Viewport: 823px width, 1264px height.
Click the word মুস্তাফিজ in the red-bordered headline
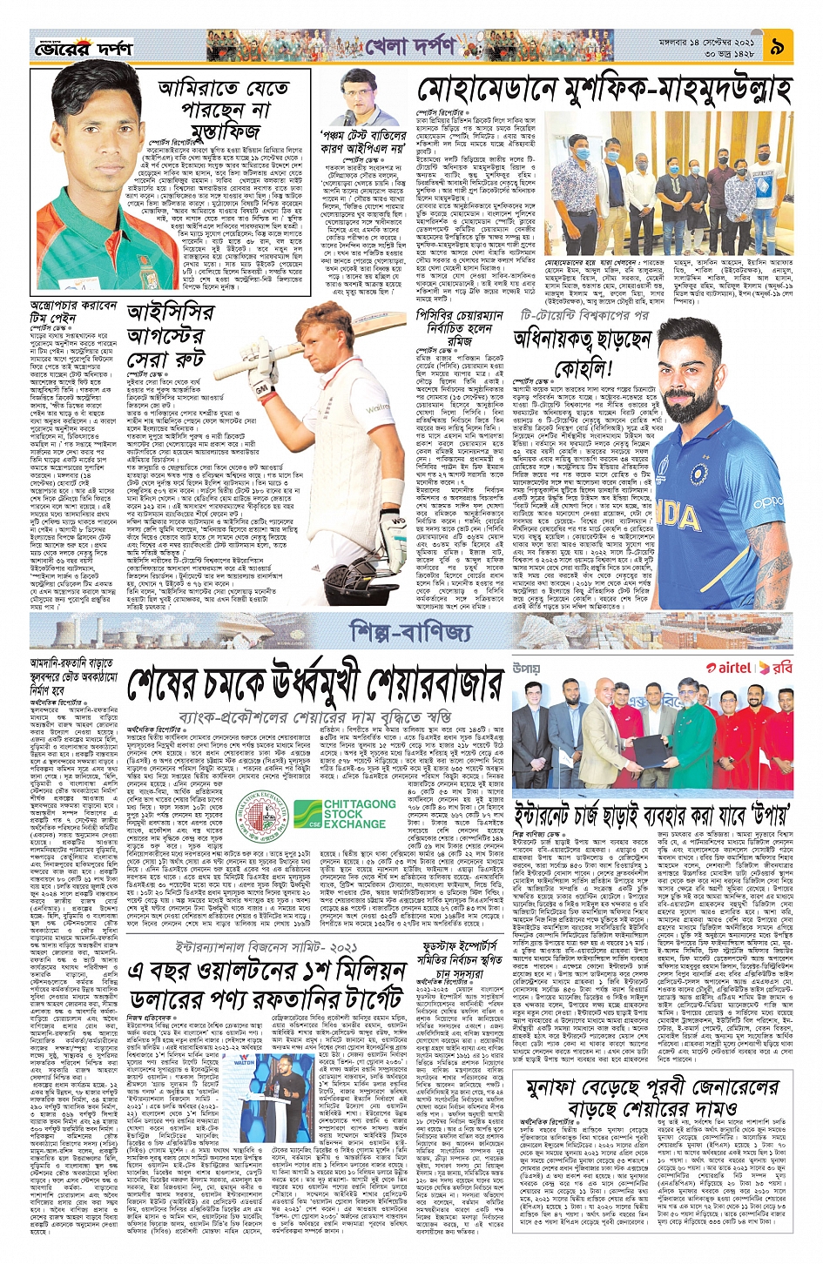222,131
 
